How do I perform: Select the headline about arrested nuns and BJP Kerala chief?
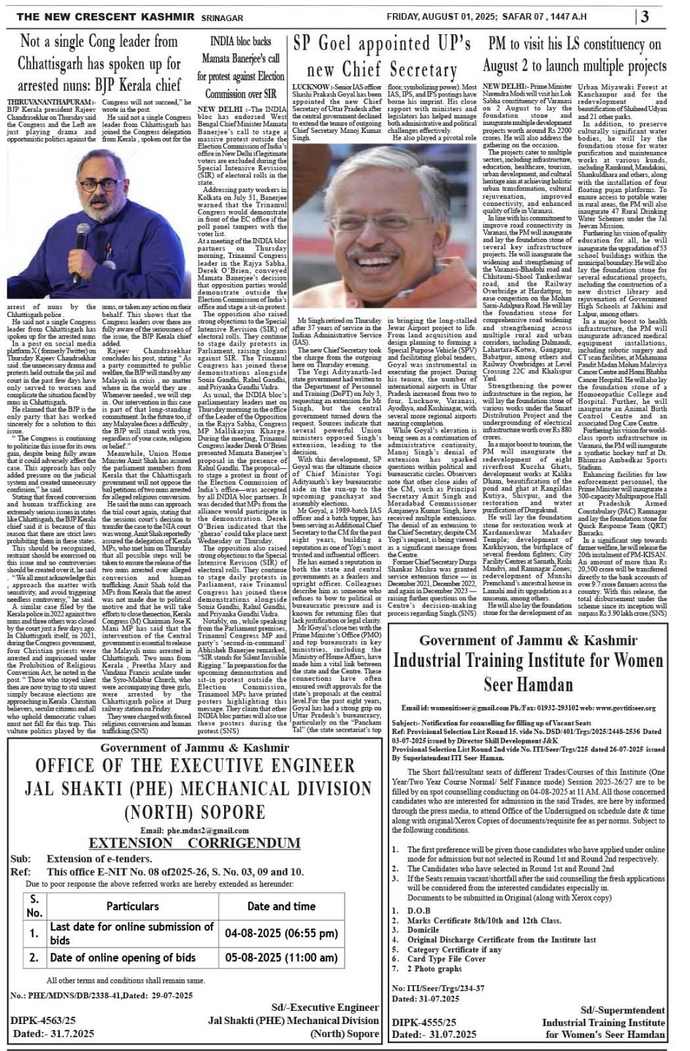(x=100, y=64)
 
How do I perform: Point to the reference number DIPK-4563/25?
(x=43, y=1020)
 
